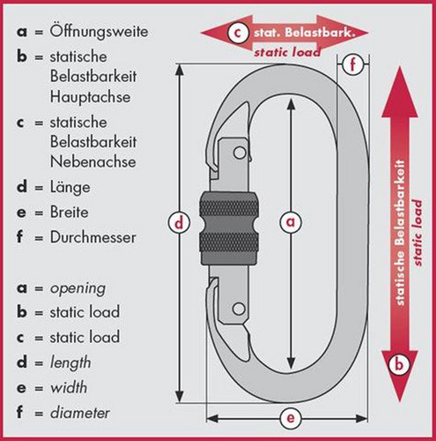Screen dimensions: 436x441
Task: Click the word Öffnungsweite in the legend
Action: (99, 32)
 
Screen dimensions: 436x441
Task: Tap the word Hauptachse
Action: (90, 97)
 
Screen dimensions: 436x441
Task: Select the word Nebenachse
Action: (92, 161)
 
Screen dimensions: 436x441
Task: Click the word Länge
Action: (70, 187)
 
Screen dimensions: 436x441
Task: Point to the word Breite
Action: (69, 212)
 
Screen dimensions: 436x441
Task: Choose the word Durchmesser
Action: (92, 237)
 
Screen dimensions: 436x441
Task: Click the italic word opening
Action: (78, 289)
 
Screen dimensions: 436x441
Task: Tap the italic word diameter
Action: (80, 413)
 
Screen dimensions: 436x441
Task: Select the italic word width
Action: (69, 387)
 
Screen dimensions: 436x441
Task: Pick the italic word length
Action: (70, 363)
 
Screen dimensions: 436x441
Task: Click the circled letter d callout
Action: (179, 222)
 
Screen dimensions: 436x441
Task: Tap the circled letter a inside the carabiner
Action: (291, 222)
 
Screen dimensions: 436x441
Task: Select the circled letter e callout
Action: (291, 418)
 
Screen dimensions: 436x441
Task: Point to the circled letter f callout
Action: (352, 64)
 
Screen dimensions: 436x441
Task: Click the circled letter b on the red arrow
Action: (399, 364)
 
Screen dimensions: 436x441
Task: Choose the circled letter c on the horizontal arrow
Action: (237, 33)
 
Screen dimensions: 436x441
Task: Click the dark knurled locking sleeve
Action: (229, 228)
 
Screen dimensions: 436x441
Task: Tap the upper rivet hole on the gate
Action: (240, 153)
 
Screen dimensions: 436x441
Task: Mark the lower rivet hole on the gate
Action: (239, 309)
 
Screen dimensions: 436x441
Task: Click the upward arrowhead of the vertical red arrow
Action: (400, 92)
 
